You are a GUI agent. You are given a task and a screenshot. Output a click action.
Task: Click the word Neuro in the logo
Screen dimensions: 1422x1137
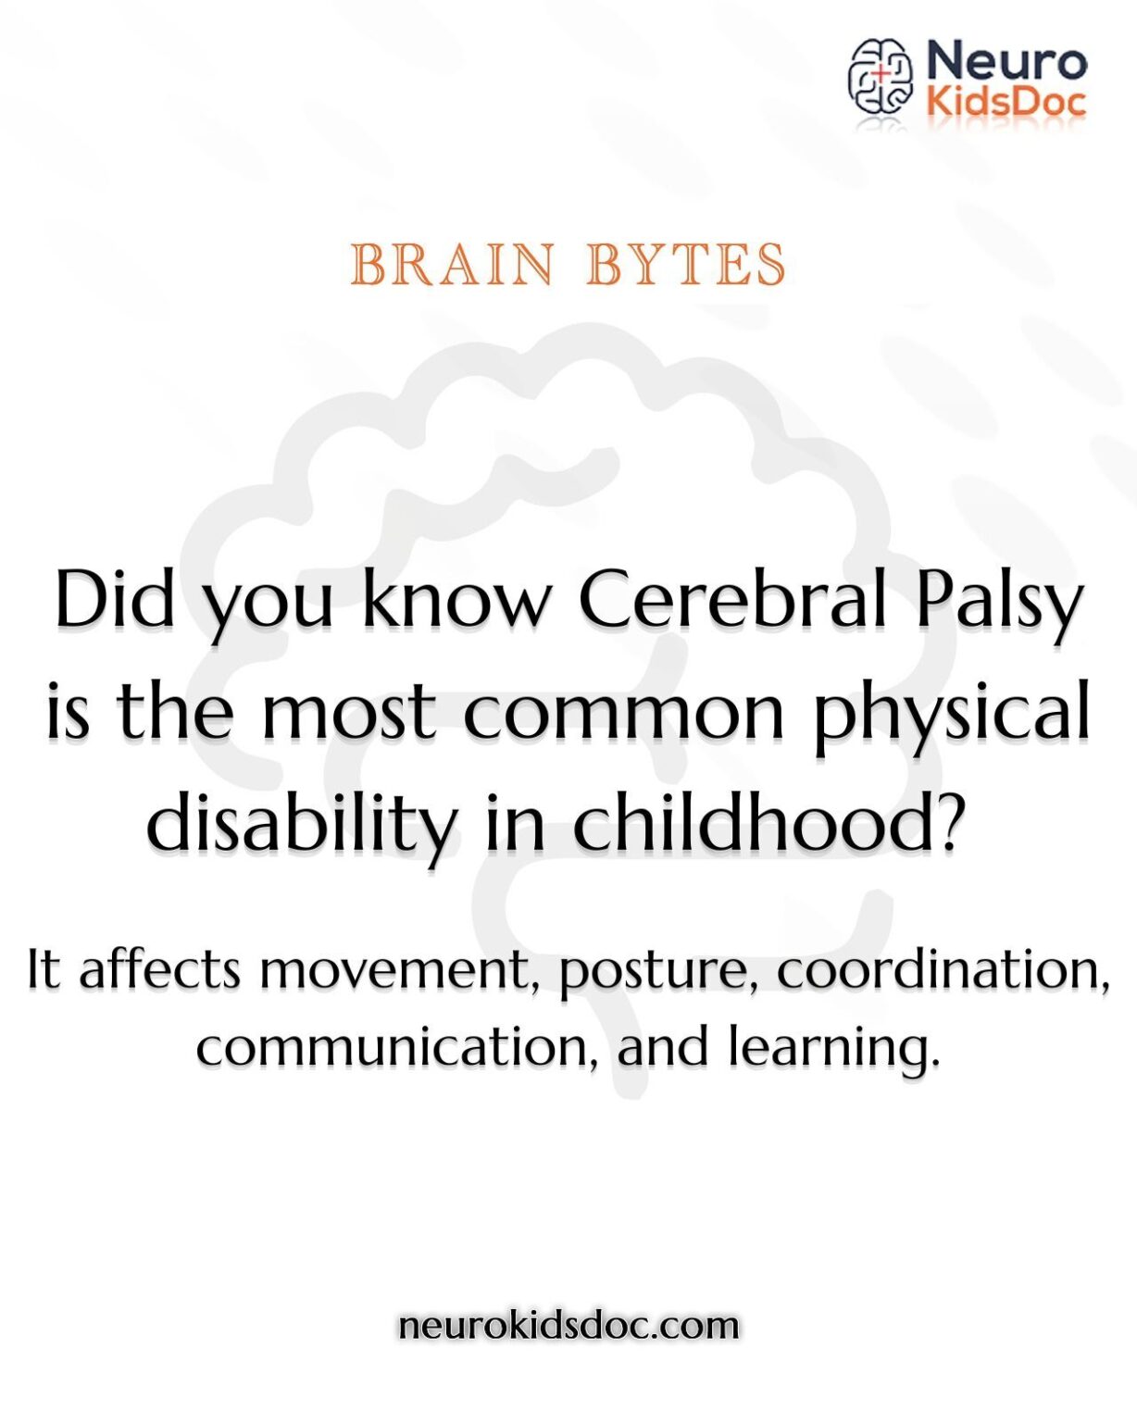pyautogui.click(x=1006, y=61)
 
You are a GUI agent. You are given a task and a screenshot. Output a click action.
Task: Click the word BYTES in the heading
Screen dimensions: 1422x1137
pyautogui.click(x=686, y=266)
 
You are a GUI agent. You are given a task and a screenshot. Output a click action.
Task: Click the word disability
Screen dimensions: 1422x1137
pyautogui.click(x=302, y=824)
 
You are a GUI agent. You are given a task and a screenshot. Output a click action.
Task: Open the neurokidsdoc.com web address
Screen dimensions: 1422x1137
pyautogui.click(x=568, y=1325)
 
